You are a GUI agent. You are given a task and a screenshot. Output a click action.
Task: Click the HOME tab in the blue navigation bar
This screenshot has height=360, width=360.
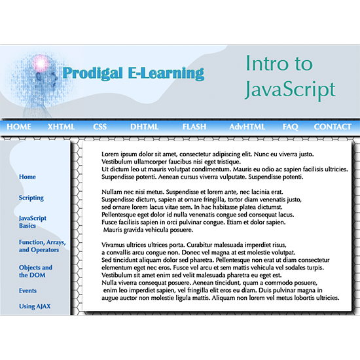coord(19,127)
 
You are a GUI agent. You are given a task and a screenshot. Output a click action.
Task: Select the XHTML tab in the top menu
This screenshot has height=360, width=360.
coord(61,127)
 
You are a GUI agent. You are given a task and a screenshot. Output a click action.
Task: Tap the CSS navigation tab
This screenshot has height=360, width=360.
coord(100,127)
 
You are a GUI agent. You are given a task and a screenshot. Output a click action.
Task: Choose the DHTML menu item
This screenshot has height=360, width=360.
coord(145,127)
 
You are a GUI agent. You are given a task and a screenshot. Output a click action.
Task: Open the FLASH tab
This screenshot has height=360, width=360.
coord(194,127)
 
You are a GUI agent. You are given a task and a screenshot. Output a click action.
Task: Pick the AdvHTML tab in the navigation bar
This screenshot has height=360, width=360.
coord(247,127)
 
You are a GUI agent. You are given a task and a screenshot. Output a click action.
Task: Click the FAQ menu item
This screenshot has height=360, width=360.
coord(290,127)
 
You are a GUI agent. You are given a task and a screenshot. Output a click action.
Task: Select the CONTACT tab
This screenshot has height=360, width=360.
coord(333,127)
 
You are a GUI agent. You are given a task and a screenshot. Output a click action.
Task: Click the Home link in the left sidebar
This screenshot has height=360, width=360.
coord(27,177)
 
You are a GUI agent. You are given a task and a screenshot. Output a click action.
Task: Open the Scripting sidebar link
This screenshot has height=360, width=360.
coord(31,198)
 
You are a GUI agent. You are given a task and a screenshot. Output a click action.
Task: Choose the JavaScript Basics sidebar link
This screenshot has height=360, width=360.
coord(33,222)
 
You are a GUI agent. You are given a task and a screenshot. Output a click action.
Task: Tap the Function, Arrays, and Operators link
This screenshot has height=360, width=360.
coord(43,246)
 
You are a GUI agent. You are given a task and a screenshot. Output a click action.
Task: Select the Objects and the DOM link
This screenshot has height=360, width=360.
coord(35,271)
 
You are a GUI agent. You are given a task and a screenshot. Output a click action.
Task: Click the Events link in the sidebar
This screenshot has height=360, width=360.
coord(27,291)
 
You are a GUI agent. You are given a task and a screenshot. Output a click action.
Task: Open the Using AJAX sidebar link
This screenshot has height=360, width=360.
coord(35,306)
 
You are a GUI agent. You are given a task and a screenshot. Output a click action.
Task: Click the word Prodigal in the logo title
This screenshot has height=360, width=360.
coord(92,73)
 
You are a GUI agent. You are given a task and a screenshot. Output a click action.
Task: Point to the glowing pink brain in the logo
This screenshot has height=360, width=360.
coord(41,63)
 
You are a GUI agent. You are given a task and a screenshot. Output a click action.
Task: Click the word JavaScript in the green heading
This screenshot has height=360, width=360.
coord(290,90)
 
